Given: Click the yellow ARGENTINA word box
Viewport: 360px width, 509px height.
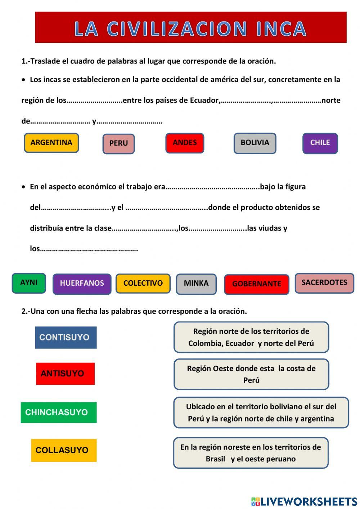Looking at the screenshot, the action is pyautogui.click(x=51, y=143).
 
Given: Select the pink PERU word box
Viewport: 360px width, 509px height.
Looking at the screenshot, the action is pyautogui.click(x=118, y=144).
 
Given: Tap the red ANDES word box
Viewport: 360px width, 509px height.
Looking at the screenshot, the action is pyautogui.click(x=185, y=143).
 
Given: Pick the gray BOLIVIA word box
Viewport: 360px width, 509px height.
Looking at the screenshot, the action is pyautogui.click(x=255, y=143).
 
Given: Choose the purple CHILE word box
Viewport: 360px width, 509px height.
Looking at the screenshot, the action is pyautogui.click(x=320, y=143).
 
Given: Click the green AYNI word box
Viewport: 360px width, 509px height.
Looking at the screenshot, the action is pyautogui.click(x=29, y=283).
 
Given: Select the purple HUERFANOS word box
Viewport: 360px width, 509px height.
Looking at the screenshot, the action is pyautogui.click(x=82, y=284).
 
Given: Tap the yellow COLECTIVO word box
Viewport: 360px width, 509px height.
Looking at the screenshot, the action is pyautogui.click(x=143, y=283).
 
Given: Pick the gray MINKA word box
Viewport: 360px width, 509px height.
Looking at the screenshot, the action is pyautogui.click(x=196, y=284).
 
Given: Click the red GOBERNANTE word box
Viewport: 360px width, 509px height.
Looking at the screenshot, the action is pyautogui.click(x=257, y=284).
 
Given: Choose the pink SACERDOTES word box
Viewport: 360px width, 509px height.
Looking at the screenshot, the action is pyautogui.click(x=324, y=283).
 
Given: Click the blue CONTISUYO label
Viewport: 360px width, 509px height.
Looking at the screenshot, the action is pyautogui.click(x=66, y=338).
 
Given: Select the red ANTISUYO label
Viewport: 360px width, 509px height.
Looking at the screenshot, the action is pyautogui.click(x=66, y=374).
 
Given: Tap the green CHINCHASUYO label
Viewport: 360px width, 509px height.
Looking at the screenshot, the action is pyautogui.click(x=59, y=412).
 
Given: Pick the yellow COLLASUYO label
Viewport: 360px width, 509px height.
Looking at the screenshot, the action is pyautogui.click(x=64, y=450).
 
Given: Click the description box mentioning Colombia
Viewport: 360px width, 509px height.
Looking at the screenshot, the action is pyautogui.click(x=251, y=337).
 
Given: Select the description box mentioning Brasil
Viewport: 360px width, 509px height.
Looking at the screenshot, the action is pyautogui.click(x=251, y=453).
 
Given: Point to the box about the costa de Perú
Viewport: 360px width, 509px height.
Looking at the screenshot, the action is pyautogui.click(x=251, y=374).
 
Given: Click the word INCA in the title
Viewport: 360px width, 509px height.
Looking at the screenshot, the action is pyautogui.click(x=282, y=28).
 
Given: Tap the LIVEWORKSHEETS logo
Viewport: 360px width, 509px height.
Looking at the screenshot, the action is pyautogui.click(x=304, y=501).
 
